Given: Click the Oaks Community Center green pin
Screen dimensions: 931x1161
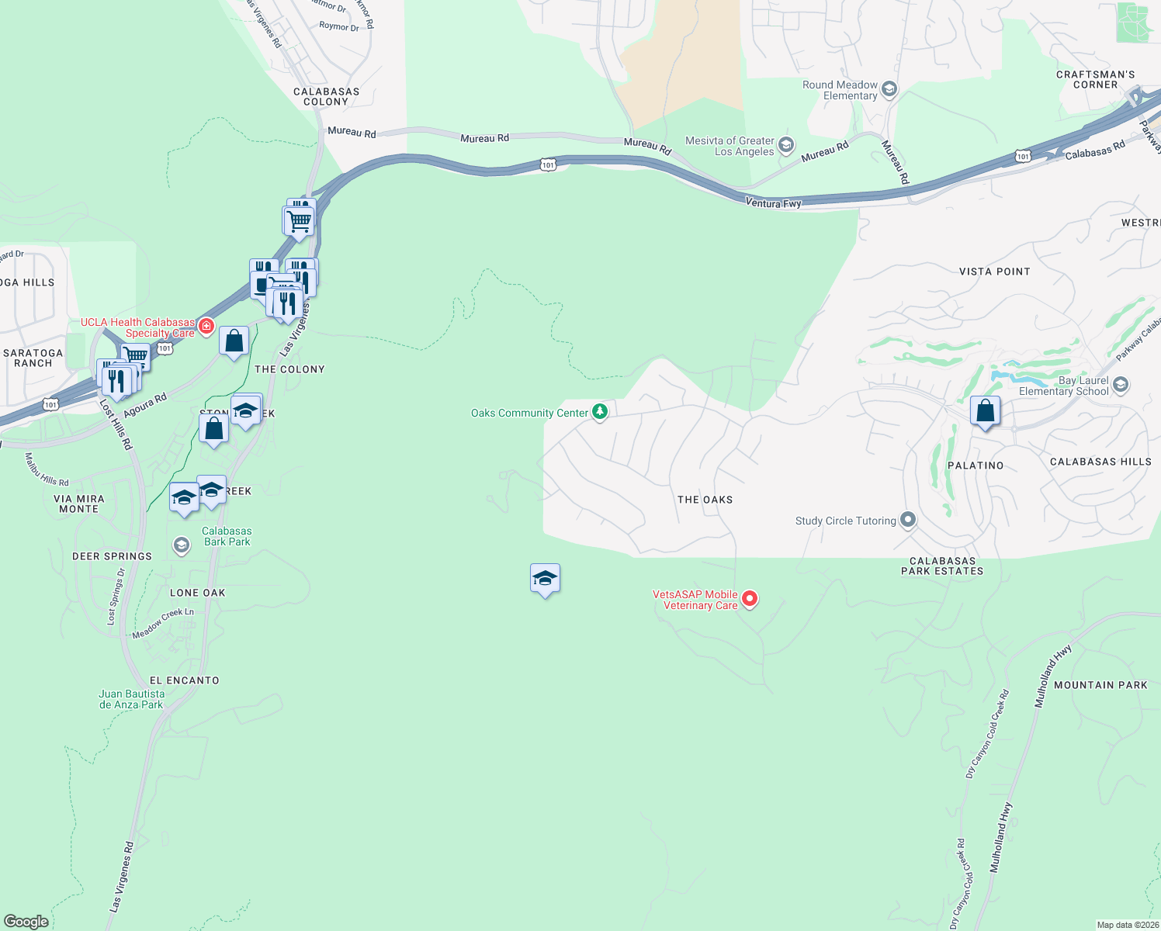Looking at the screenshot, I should point(599,412).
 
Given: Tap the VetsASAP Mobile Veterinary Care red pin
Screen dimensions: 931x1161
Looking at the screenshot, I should point(750,599).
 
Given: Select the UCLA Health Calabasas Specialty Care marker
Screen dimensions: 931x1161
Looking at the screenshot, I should point(206,326).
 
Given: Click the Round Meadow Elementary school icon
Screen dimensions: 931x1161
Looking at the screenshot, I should point(889,89).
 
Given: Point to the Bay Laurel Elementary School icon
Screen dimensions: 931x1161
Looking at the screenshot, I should point(1120,385).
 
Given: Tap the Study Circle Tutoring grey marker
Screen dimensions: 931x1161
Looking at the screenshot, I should point(907,521).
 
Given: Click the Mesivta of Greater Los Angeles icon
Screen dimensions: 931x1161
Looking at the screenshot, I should point(786,145).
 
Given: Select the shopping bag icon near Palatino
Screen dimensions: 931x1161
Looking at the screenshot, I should point(985,411).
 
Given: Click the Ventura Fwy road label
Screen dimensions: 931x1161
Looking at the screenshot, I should point(773,202).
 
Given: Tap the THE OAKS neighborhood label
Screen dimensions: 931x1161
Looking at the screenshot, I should point(705,500).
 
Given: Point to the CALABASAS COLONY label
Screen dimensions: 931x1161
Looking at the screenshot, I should point(326,96).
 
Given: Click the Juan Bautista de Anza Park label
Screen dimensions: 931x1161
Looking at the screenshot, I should point(132,699).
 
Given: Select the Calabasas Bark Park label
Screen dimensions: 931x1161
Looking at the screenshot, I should point(227,536).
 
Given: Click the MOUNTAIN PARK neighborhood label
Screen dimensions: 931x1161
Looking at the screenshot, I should point(1100,685).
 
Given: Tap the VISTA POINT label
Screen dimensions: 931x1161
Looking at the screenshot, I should point(994,272).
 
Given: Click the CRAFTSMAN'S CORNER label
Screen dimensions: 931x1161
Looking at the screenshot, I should point(1095,79).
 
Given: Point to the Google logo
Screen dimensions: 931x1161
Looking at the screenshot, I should point(26,921).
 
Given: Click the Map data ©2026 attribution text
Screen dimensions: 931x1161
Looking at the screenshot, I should point(1128,925).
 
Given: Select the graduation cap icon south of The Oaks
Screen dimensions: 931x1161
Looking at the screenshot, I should point(545,578).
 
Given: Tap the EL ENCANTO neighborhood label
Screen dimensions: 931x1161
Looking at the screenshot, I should point(185,680).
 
